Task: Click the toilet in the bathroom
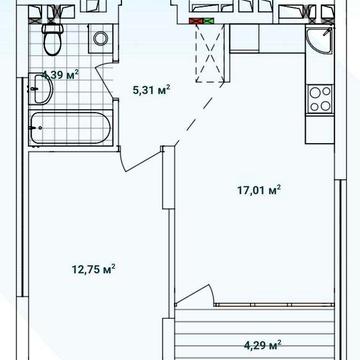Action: click(x=52, y=39)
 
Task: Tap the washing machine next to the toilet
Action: click(x=101, y=39)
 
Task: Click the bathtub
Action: click(x=71, y=127)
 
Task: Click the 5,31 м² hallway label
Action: click(x=152, y=90)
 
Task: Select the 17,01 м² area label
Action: click(x=259, y=190)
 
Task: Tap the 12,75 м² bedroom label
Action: click(x=94, y=269)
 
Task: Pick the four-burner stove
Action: click(x=320, y=99)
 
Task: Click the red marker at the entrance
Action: click(x=196, y=21)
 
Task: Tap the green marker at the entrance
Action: click(x=209, y=21)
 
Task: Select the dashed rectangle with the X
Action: click(x=210, y=53)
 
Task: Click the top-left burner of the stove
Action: click(x=314, y=93)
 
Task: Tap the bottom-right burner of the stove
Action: click(x=326, y=106)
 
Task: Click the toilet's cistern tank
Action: click(x=52, y=28)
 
